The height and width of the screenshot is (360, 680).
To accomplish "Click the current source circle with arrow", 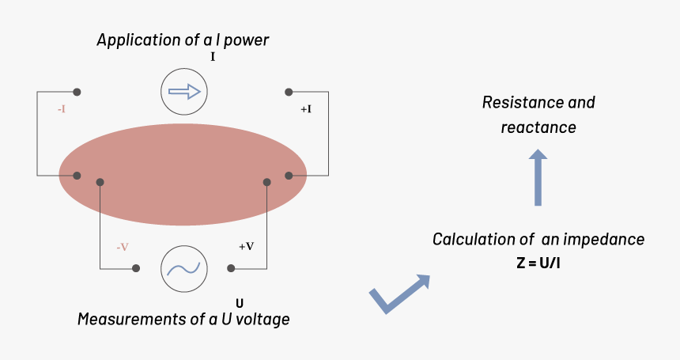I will (x=184, y=93).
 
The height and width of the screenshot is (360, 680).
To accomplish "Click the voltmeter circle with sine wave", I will (x=184, y=269).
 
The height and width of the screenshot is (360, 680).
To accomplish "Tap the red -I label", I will (x=61, y=109).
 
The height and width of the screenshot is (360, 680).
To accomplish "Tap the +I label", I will (x=305, y=109).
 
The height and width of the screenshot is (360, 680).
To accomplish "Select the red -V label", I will (x=123, y=247).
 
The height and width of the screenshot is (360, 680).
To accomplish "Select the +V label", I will (x=246, y=246).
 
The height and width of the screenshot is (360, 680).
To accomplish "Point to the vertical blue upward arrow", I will (x=538, y=177).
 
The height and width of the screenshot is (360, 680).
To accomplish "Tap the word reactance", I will (x=538, y=127).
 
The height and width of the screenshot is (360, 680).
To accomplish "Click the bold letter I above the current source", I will (x=213, y=58).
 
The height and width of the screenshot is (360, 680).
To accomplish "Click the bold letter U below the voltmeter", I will (x=240, y=302).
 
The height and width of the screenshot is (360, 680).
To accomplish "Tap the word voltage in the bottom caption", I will (x=263, y=320).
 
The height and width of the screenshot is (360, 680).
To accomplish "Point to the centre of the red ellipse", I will (x=183, y=175).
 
